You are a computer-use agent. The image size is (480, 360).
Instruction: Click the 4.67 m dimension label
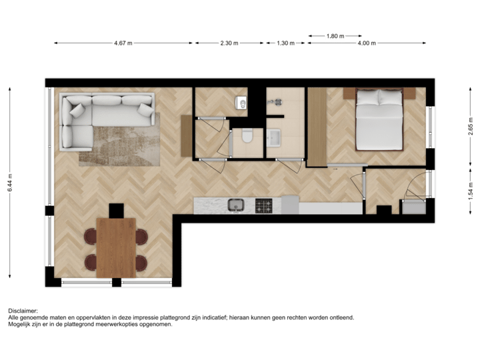click(123, 43)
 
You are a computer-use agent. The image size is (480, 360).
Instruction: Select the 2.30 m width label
click(229, 43)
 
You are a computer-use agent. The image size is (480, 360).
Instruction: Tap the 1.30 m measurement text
click(285, 43)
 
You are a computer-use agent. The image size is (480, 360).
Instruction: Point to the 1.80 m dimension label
click(335, 35)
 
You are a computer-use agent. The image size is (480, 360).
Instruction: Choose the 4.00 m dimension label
click(367, 43)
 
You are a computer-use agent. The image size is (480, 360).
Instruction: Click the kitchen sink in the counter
click(235, 205)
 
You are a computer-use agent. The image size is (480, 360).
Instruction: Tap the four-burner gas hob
click(264, 206)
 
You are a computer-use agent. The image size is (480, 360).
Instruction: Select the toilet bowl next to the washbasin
click(247, 137)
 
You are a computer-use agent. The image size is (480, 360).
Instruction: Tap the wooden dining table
click(116, 247)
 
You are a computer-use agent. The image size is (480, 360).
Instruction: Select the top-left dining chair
click(89, 236)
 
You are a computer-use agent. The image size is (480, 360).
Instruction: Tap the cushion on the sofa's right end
click(145, 109)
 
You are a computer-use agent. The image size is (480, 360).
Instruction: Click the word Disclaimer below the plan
click(22, 311)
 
